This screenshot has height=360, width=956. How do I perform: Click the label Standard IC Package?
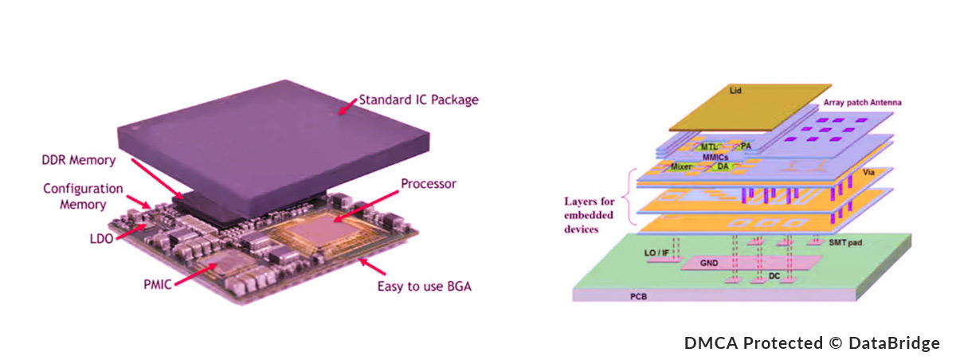417,100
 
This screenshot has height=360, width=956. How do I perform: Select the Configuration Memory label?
84,197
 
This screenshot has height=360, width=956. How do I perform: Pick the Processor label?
428,184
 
